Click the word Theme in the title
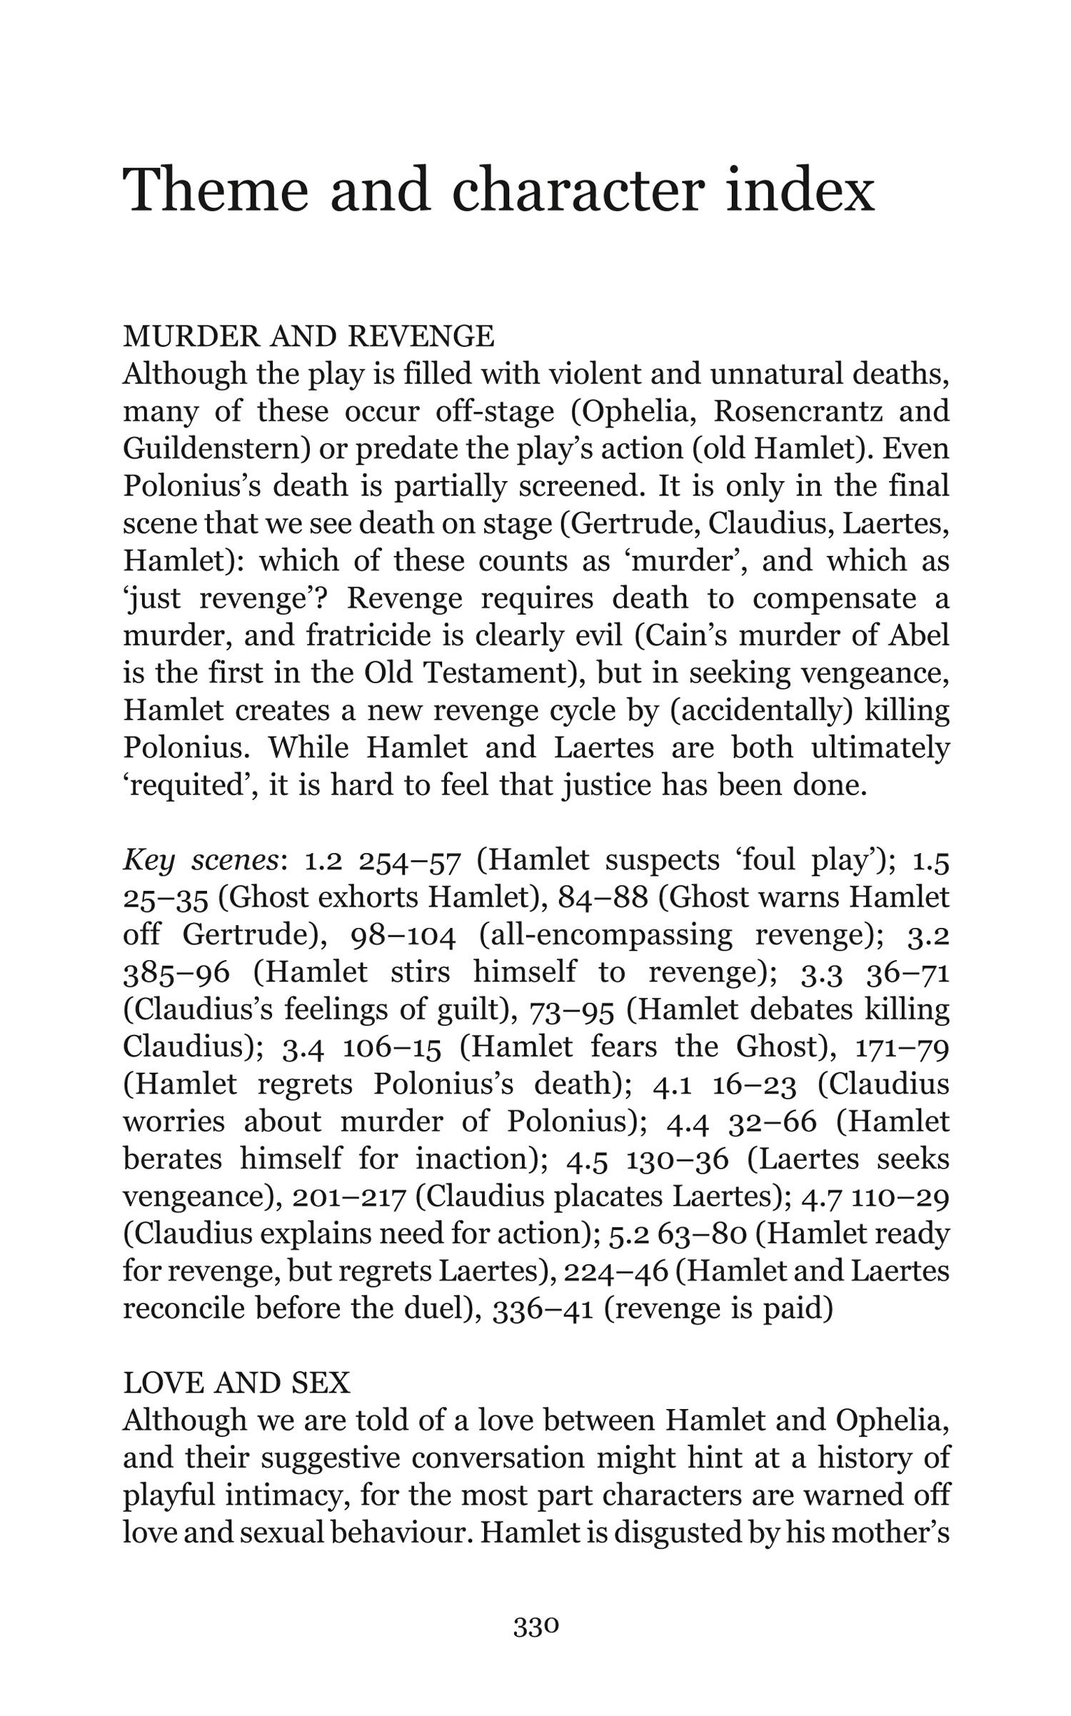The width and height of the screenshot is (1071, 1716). [216, 189]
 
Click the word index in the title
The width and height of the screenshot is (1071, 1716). [800, 189]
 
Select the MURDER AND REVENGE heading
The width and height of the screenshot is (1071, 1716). [308, 336]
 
